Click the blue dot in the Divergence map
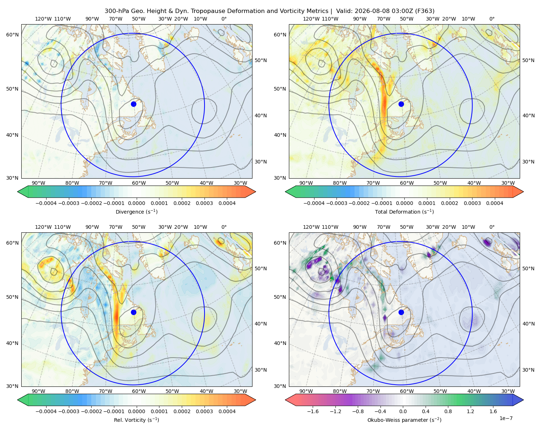133,104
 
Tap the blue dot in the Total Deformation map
401,104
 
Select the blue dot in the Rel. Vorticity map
133,312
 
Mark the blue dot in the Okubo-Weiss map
401,312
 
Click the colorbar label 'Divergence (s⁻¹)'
136,212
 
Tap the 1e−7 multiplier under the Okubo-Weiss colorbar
506,418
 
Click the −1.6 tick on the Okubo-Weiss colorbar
313,411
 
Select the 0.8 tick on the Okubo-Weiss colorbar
448,411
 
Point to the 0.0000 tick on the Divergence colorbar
136,203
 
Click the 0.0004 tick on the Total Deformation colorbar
495,203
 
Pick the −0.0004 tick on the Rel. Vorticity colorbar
46,411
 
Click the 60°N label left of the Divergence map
12,35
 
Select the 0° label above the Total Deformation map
492,19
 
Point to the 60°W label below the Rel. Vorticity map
139,391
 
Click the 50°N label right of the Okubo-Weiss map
528,268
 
